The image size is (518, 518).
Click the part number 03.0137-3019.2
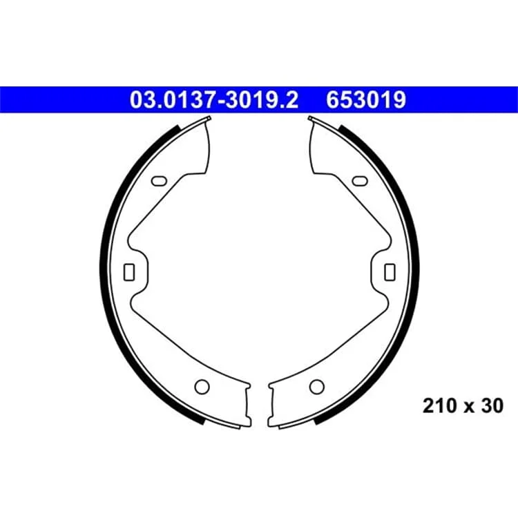pyautogui.click(x=214, y=99)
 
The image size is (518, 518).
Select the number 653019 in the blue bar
pyautogui.click(x=366, y=99)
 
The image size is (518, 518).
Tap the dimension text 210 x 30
pyautogui.click(x=463, y=405)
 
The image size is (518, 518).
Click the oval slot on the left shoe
pyautogui.click(x=159, y=181)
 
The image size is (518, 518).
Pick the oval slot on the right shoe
pyautogui.click(x=360, y=181)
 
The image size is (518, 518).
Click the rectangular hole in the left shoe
pyautogui.click(x=129, y=272)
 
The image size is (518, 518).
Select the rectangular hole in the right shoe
pyautogui.click(x=390, y=272)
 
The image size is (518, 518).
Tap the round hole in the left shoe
pyautogui.click(x=202, y=387)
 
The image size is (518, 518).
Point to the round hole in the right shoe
pyautogui.click(x=317, y=387)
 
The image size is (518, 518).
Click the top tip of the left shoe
pyautogui.click(x=209, y=117)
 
